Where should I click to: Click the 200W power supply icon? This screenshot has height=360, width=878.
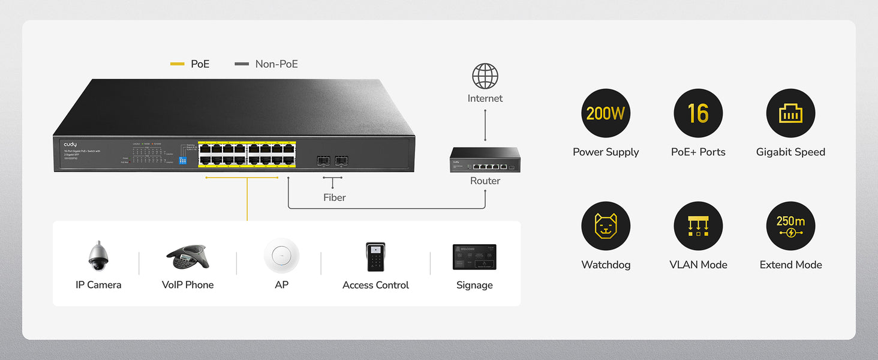click(606, 113)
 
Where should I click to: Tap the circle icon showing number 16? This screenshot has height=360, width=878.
click(698, 113)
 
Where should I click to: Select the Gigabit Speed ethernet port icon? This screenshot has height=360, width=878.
click(790, 113)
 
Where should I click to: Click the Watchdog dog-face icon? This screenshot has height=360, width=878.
click(606, 226)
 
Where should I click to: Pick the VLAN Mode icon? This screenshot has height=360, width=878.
click(698, 226)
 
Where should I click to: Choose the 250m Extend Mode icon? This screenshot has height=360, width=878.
click(790, 226)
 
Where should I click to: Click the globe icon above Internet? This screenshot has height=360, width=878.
click(485, 76)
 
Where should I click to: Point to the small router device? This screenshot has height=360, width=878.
click(485, 160)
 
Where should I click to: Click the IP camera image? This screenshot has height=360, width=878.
click(98, 256)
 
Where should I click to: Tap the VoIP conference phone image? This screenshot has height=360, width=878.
click(187, 257)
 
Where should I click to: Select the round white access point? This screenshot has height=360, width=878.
click(281, 256)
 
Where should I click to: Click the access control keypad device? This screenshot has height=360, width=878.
click(375, 257)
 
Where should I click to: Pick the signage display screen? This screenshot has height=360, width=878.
click(474, 257)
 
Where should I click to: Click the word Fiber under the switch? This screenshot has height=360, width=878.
click(335, 197)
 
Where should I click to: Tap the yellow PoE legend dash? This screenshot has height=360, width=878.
click(177, 64)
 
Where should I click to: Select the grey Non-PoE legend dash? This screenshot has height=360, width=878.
click(242, 64)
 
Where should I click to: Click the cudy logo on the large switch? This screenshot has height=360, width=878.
click(70, 145)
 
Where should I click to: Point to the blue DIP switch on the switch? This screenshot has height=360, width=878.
click(182, 161)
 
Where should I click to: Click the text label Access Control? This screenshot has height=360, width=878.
click(375, 285)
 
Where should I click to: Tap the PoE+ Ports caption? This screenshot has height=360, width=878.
click(698, 152)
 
